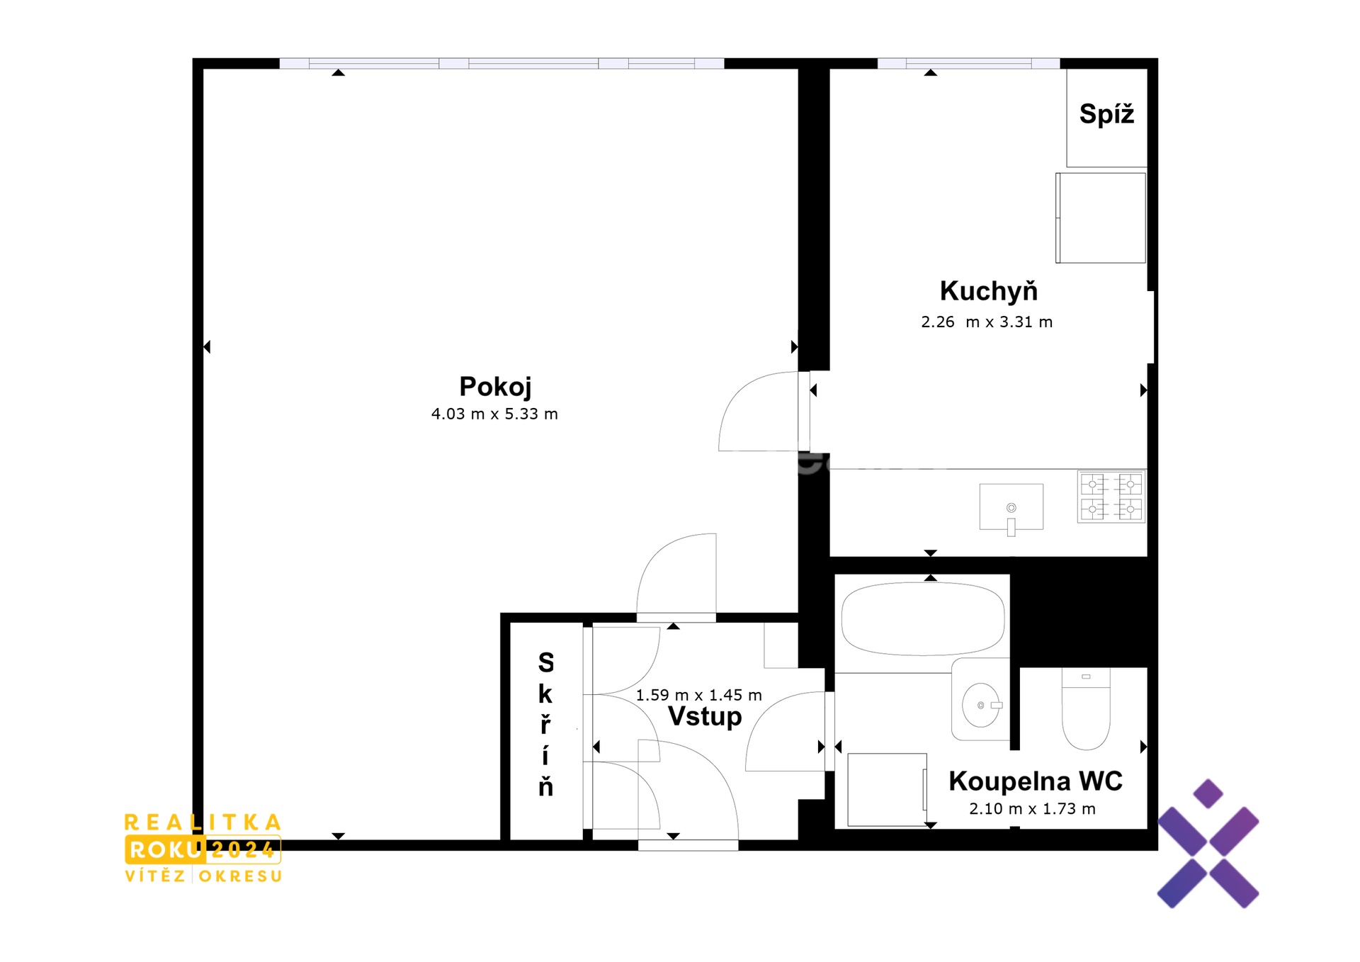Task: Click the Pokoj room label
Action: pos(495,387)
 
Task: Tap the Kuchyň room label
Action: pos(988,290)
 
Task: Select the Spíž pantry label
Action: pos(1106,113)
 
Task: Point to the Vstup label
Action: pos(705,716)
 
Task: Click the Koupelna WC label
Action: pos(1036,781)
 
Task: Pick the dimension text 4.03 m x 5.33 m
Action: pos(494,414)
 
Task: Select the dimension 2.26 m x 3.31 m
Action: pos(987,322)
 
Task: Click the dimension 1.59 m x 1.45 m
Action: pos(698,695)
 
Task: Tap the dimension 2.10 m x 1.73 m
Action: pos(1032,808)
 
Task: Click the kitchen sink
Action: pos(1011,507)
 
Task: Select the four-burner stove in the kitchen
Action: pos(1111,497)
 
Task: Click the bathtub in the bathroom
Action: pos(922,618)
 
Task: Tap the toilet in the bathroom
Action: pos(1086,709)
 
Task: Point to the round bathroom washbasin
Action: pos(981,705)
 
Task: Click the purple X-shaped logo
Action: pos(1208,844)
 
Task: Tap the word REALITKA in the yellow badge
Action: pos(203,822)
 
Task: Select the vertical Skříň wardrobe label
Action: pos(545,724)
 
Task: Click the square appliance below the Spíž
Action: pos(1101,218)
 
